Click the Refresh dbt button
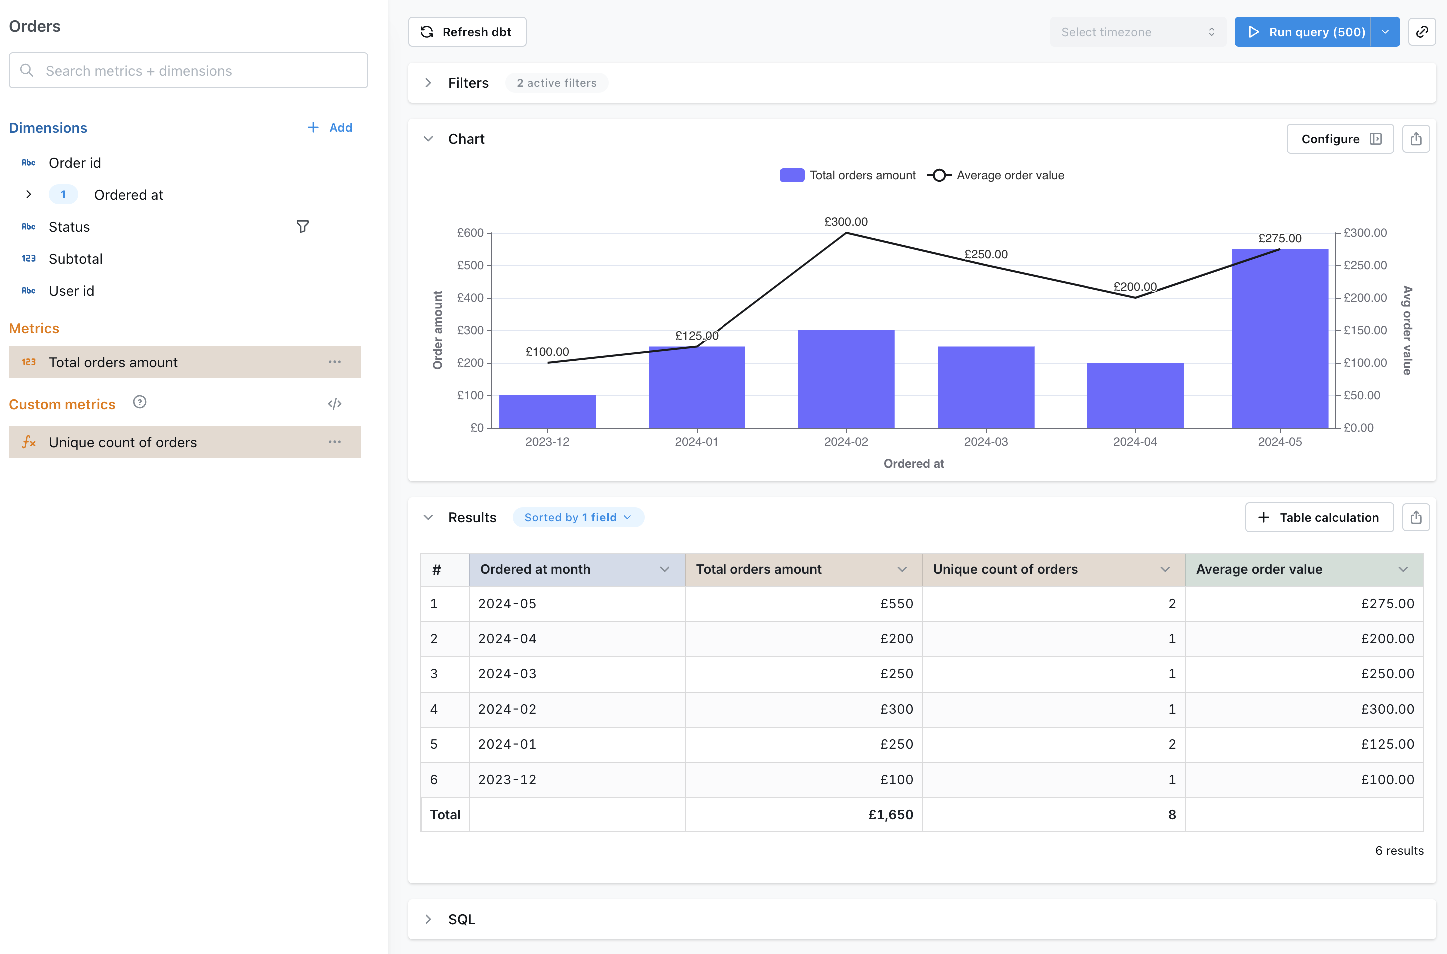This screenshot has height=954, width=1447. [466, 32]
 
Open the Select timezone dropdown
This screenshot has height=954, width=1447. [1136, 32]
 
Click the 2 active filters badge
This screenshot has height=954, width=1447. [556, 83]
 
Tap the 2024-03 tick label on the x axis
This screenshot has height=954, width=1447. [985, 442]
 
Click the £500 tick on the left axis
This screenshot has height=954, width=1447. [470, 265]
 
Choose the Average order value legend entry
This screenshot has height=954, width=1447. [996, 176]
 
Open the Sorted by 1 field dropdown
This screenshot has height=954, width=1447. [577, 518]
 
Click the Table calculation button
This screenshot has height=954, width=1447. [1319, 518]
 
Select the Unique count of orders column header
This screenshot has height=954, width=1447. [1005, 569]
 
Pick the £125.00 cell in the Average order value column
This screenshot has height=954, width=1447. [1387, 744]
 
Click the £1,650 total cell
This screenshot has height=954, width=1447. [890, 815]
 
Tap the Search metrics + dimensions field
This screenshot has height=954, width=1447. [189, 71]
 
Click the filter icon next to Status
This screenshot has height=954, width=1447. [302, 227]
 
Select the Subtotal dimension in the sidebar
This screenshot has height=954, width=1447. [76, 259]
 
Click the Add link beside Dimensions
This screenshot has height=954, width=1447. [330, 128]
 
